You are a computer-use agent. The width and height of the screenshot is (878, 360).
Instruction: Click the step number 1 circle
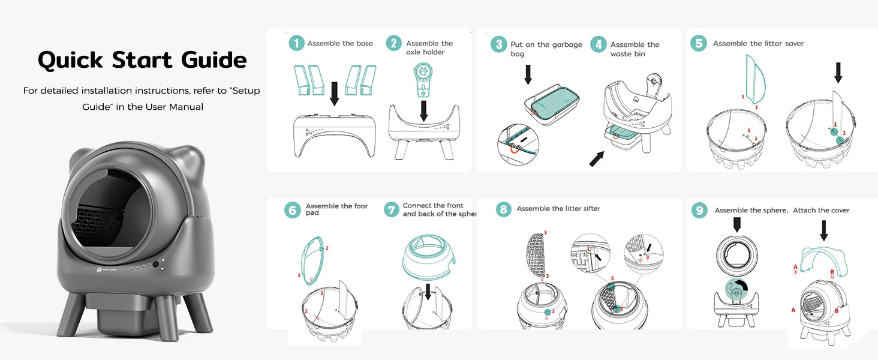point(296,43)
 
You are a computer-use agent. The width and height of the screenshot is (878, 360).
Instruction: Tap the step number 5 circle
point(699,43)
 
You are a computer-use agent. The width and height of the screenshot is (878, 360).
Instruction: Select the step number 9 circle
point(699,210)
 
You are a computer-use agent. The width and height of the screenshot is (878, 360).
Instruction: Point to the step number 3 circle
point(498,44)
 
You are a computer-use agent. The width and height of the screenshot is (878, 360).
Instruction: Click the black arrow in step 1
point(334,94)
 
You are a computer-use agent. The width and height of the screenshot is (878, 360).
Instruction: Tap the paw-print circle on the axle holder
point(423,72)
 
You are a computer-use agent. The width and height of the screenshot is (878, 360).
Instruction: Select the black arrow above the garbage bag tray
point(528,74)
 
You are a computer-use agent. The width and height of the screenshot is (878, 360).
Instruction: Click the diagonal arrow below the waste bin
point(597,159)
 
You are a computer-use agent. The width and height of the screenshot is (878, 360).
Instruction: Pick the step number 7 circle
point(391,209)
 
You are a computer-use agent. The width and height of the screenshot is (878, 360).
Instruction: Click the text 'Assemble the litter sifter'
point(558,209)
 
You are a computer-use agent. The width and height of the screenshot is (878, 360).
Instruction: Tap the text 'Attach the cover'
point(821,210)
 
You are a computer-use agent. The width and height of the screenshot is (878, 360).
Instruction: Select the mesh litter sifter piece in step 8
point(535,254)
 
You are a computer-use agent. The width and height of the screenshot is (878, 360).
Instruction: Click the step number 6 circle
point(293,210)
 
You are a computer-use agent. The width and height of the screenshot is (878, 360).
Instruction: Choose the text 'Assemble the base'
point(340,44)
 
